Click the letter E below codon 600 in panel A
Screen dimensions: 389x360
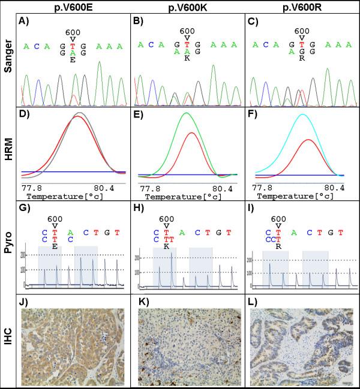(x=72, y=60)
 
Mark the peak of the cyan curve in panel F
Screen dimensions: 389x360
(x=303, y=114)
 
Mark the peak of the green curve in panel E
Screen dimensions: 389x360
(x=187, y=113)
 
